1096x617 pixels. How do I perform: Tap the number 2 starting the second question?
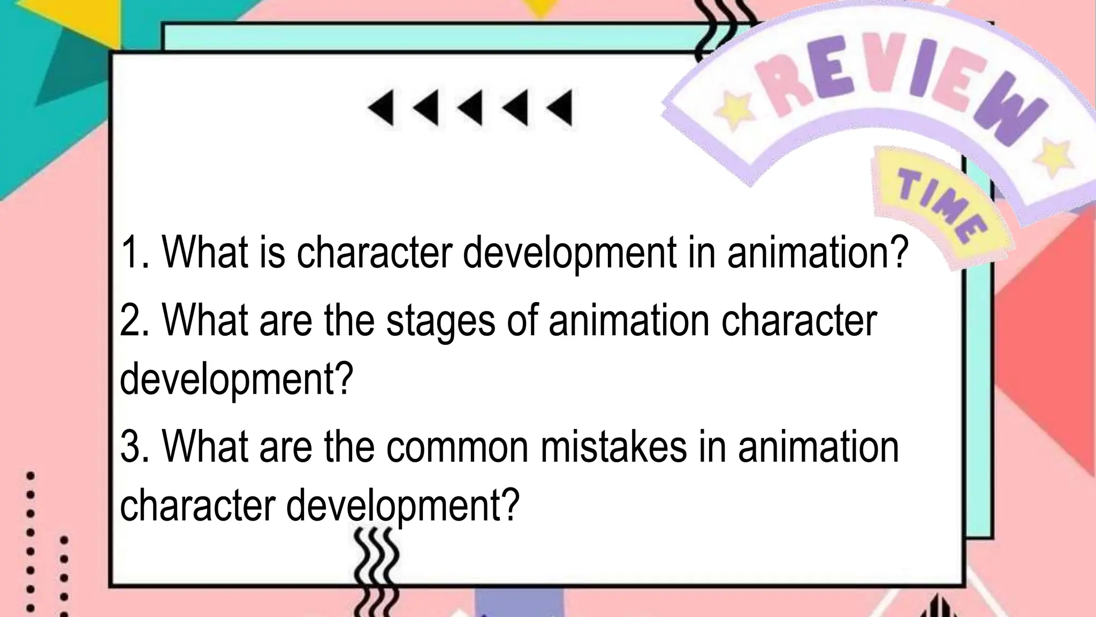pos(131,320)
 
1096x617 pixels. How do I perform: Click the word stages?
pos(440,321)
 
